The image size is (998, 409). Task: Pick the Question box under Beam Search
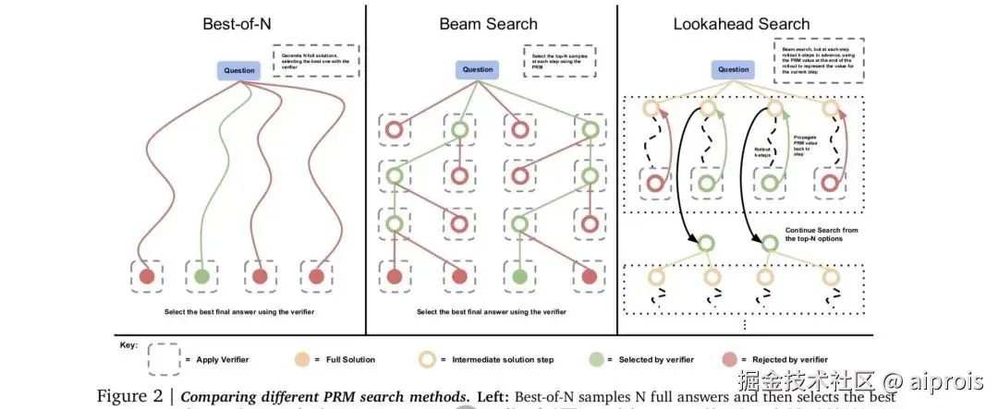[477, 69]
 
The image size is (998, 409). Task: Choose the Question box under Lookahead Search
[734, 69]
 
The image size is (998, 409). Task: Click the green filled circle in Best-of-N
[202, 275]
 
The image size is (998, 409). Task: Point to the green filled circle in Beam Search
[520, 275]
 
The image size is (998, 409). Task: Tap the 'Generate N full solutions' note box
[314, 60]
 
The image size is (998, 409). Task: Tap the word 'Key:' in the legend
[128, 344]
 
